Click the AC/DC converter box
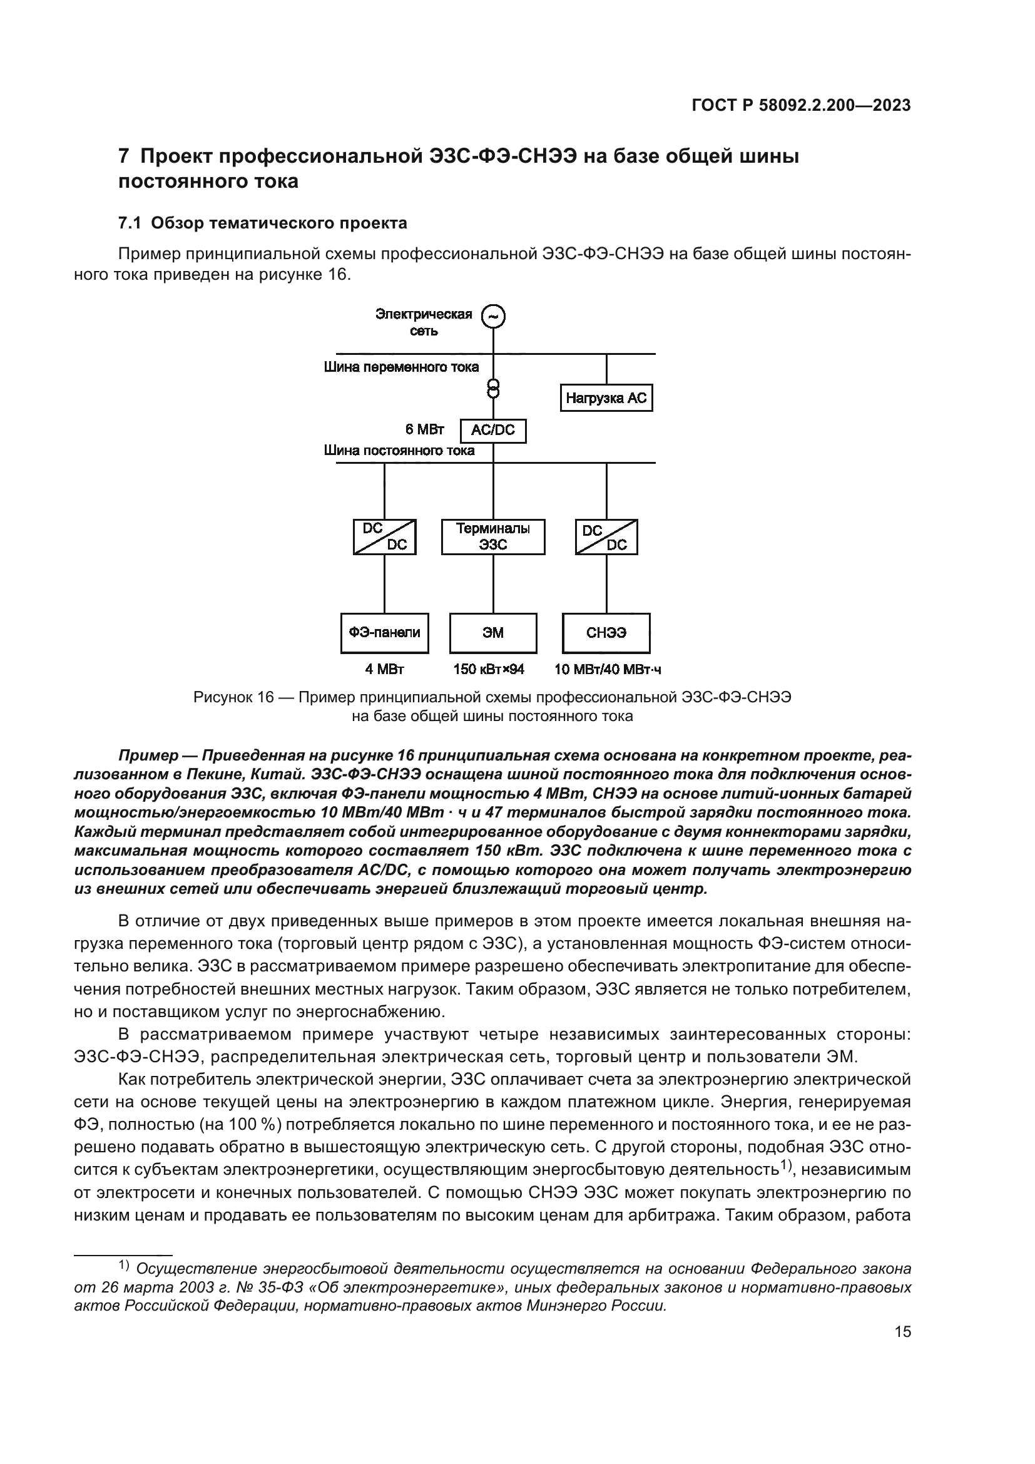492,431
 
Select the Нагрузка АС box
606,398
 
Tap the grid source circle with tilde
492,316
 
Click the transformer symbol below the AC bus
492,387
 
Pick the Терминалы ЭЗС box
492,537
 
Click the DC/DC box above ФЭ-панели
384,537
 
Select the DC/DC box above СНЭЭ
606,537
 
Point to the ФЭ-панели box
384,633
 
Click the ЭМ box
492,633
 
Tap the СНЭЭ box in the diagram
606,633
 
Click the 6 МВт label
429,429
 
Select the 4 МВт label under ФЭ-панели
384,670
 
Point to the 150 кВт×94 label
489,670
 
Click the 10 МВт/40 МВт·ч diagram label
608,670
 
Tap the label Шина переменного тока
402,367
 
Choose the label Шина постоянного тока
400,451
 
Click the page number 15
902,1331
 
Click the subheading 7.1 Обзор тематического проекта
263,223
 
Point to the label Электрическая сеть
423,322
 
